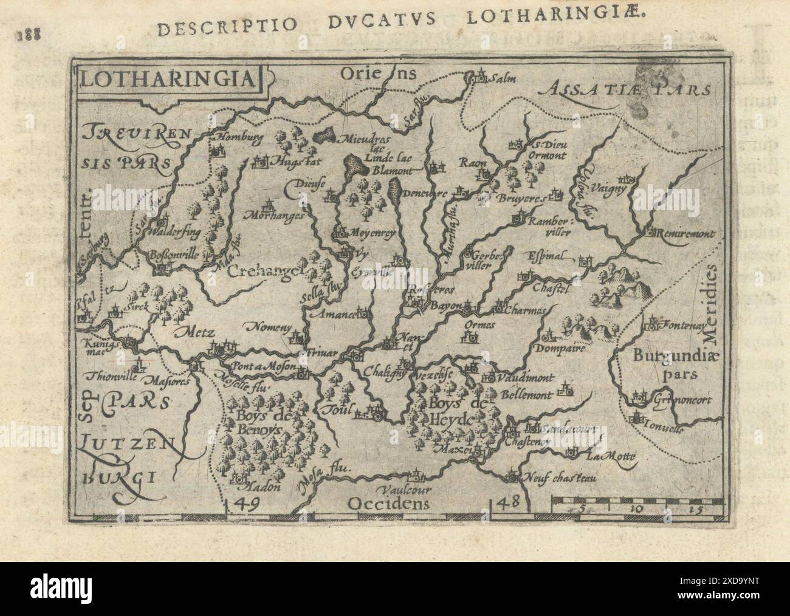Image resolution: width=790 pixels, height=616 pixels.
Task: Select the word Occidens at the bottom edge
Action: click(x=388, y=503)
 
